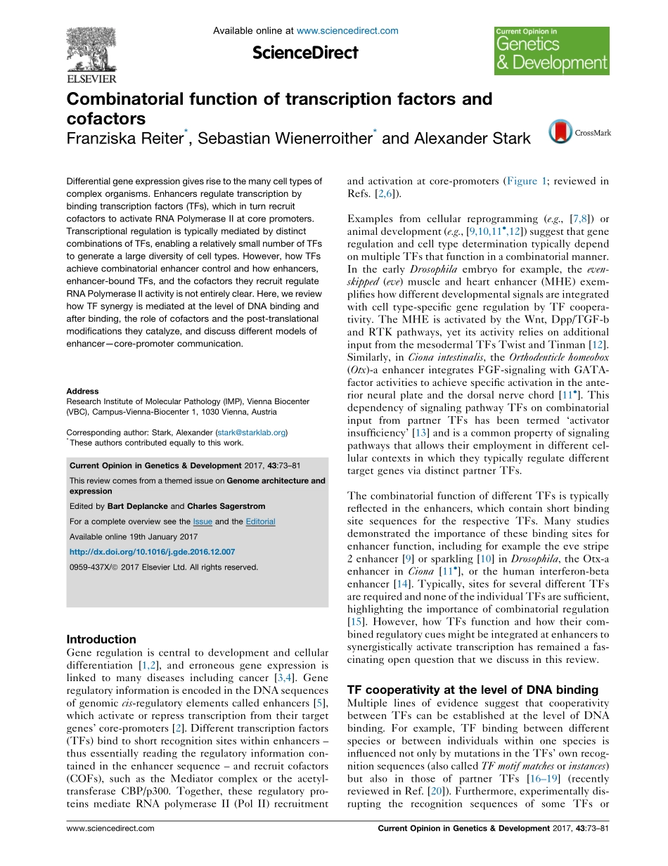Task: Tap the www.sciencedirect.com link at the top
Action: pos(347,31)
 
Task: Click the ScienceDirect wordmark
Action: pos(305,52)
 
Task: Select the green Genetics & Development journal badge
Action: pos(551,51)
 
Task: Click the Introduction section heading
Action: pos(101,639)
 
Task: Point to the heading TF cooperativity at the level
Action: pos(473,689)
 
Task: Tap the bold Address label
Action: pos(82,391)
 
